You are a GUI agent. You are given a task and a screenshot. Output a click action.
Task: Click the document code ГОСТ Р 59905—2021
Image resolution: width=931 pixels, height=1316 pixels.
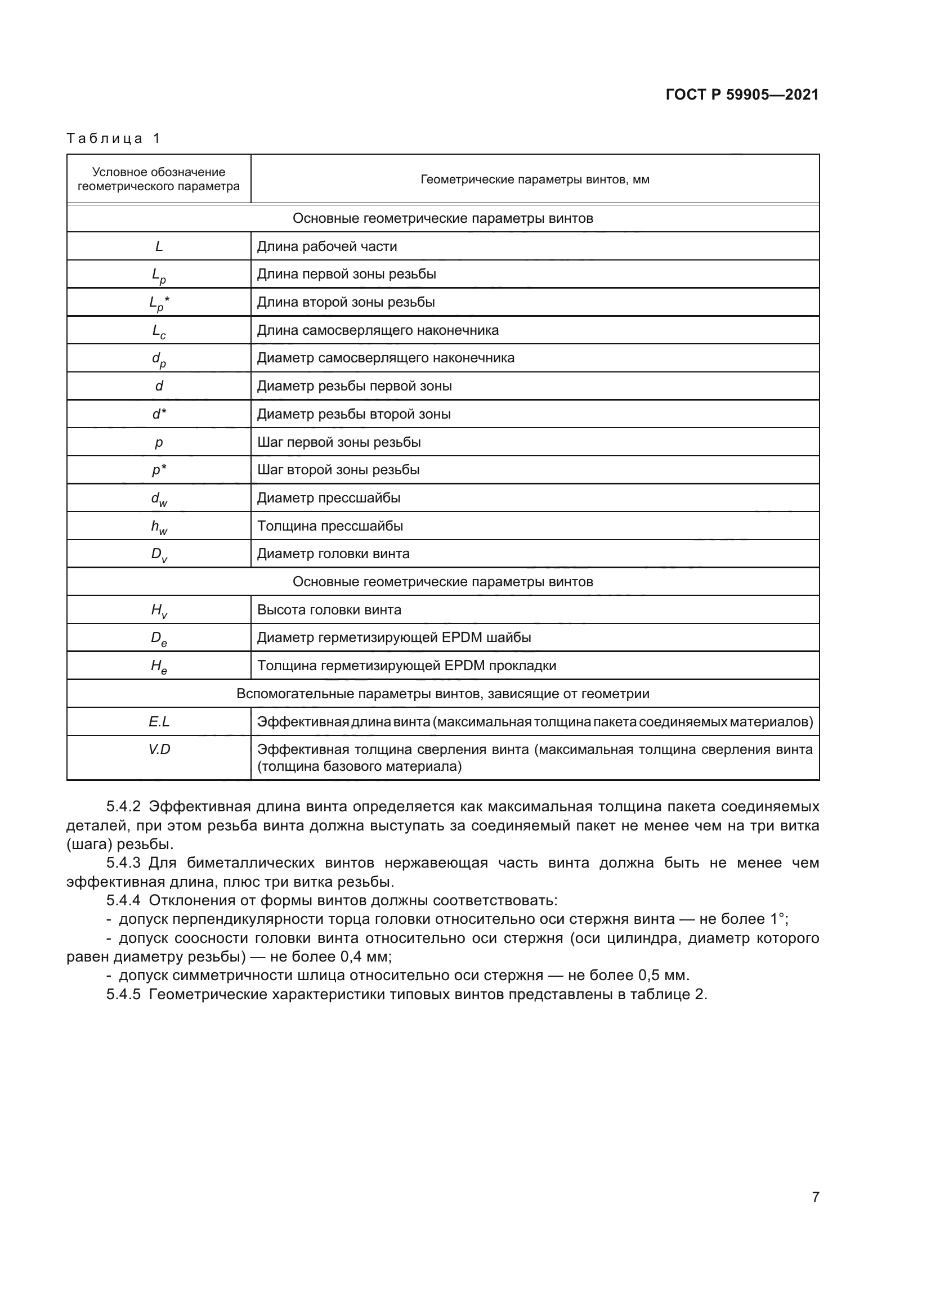pos(742,95)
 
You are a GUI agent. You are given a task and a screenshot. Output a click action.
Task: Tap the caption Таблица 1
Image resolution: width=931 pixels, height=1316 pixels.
pos(114,138)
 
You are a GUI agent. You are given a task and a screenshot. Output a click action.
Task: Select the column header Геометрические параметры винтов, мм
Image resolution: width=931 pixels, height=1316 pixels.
pos(534,179)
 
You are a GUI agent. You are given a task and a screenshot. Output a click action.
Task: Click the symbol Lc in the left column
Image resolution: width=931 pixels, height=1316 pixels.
pos(159,331)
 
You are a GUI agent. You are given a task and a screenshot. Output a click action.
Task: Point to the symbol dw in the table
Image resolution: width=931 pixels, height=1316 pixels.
pos(159,498)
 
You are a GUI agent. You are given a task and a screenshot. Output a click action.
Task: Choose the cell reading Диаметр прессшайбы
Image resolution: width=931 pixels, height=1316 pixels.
pos(329,497)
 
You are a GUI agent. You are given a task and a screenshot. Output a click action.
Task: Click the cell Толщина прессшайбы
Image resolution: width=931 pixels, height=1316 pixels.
pos(330,525)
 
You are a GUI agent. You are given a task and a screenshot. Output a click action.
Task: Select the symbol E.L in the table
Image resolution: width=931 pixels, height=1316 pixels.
pos(159,722)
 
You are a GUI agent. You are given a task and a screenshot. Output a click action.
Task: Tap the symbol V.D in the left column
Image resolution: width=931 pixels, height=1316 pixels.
pos(159,749)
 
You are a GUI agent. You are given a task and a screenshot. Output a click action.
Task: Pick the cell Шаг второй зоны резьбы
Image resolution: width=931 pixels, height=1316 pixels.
pos(338,469)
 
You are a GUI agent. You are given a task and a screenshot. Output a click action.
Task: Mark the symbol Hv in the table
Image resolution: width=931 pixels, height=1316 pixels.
pos(159,610)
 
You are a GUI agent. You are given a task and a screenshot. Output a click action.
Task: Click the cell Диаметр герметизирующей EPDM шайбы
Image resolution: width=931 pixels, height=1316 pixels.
pos(393,637)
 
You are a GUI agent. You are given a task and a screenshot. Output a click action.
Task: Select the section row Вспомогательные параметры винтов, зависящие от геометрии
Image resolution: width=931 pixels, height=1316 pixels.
pos(442,694)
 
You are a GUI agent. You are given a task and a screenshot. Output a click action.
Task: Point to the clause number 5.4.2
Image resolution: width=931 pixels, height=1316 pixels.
pos(123,806)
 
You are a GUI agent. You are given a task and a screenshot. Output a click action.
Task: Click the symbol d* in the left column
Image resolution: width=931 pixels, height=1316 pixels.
pos(159,414)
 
